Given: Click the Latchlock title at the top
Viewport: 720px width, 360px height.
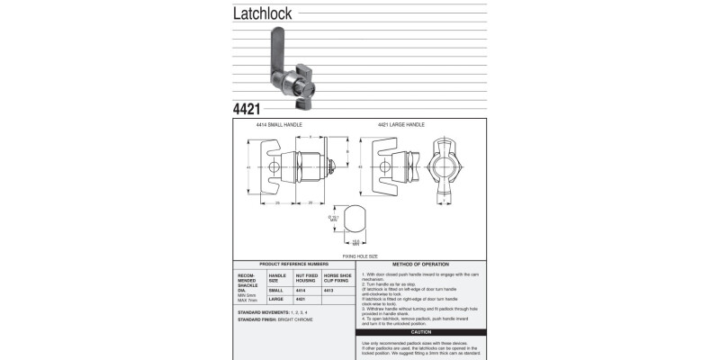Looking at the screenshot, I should coord(263,13).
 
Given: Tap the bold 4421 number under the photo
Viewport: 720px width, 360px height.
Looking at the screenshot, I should coord(247,110).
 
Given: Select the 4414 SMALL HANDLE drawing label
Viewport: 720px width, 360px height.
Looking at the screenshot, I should coord(279,124).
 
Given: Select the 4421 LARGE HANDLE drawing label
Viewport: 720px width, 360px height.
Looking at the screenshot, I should coord(401,124).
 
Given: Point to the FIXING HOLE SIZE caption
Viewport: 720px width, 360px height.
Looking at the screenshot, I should coord(360,256).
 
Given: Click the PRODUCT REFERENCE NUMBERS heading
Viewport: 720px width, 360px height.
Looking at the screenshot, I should coord(292,265).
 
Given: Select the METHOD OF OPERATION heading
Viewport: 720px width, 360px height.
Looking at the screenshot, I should coord(421,265).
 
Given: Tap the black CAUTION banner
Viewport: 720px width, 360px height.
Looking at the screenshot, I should coord(421,332).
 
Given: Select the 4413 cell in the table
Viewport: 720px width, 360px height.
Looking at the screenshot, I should coord(328,290).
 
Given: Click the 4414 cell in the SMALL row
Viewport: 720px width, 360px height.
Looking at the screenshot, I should coord(301,290).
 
